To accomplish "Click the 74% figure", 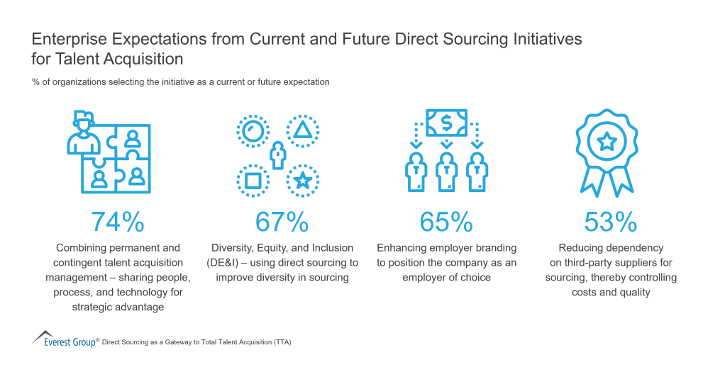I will tap(118, 222).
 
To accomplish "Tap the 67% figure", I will tap(282, 222).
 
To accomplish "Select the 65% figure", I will tap(446, 222).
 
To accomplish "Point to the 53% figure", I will tap(610, 222).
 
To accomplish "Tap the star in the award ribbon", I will tap(607, 142).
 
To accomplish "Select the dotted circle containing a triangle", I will tap(302, 130).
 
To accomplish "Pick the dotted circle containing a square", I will tap(252, 180).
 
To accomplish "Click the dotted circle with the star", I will tap(302, 180).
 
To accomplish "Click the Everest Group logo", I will tap(64, 339).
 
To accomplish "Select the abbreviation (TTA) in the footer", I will tap(281, 342).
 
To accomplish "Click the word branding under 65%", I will tap(491, 248).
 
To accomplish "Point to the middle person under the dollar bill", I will tap(446, 171).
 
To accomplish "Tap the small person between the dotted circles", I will tap(278, 154).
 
